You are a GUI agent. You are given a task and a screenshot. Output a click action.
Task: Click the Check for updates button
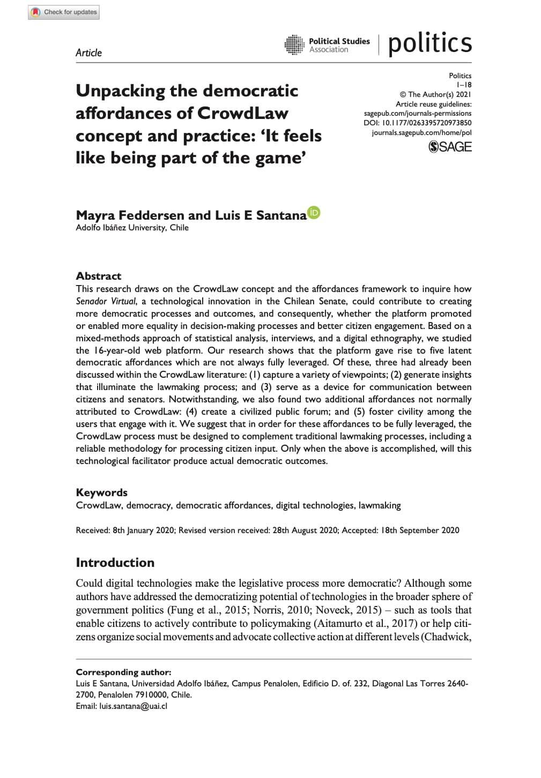tap(64, 12)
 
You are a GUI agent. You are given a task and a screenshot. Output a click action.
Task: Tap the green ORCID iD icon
tap(314, 213)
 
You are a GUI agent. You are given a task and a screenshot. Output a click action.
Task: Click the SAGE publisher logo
tap(450, 146)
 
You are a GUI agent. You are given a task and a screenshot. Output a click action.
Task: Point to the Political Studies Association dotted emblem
tap(294, 45)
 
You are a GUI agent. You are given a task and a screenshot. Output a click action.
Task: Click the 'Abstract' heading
tap(99, 276)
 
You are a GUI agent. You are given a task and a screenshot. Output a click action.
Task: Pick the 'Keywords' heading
tap(102, 492)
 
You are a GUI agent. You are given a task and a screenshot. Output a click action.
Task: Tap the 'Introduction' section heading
tap(115, 562)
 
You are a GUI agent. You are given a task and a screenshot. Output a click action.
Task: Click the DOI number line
tap(418, 123)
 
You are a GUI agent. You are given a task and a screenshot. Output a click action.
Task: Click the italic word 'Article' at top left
tap(88, 53)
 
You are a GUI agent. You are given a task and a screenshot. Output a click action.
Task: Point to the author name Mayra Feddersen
tap(130, 215)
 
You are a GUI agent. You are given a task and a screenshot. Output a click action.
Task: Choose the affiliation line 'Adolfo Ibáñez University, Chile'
tap(132, 228)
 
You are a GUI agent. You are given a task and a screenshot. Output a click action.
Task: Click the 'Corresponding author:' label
tap(124, 672)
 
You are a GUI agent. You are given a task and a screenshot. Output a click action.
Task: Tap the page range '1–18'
tap(464, 85)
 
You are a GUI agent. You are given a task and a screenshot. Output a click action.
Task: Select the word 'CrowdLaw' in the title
tap(243, 114)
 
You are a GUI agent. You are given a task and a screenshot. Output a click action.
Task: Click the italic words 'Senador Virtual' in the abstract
tap(106, 301)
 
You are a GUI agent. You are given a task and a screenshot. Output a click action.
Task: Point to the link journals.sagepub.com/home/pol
tap(421, 132)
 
